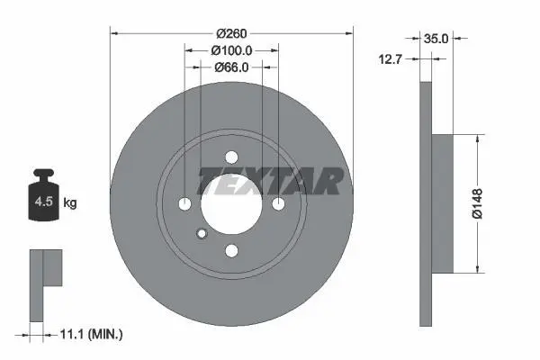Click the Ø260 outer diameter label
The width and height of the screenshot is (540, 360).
231,33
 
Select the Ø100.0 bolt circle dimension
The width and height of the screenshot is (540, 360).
231,50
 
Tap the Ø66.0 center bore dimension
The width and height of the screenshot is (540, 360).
231,67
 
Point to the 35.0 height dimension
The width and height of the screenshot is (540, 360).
436,39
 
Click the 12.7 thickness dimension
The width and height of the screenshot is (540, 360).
391,59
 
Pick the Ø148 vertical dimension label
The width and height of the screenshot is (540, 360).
478,203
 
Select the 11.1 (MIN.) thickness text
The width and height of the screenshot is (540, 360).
91,334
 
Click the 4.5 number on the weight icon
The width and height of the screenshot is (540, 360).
44,202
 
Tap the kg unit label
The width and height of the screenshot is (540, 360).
70,202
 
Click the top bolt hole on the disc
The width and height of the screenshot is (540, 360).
232,157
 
